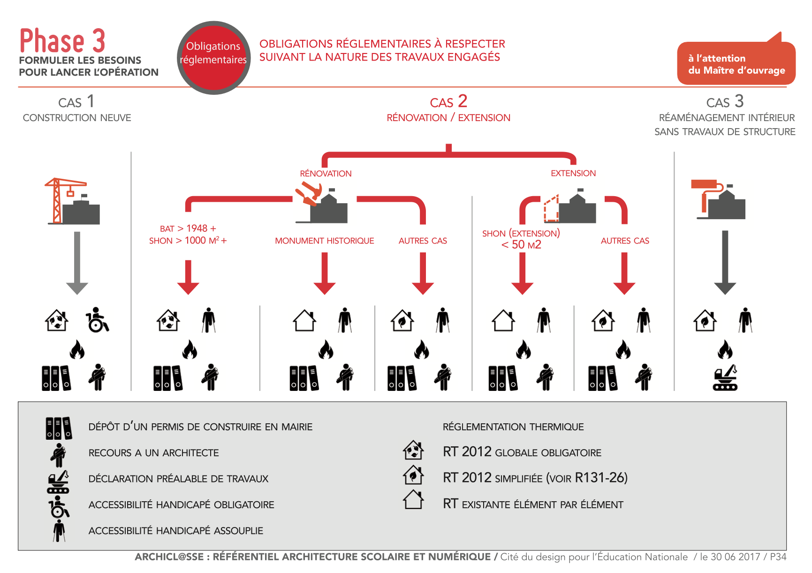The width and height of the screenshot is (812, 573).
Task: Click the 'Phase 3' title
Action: (62, 41)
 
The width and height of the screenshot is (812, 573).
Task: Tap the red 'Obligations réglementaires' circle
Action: (213, 57)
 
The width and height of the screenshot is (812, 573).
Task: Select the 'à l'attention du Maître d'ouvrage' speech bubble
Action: (736, 64)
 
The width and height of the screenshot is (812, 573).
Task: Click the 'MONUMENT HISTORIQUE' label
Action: (324, 241)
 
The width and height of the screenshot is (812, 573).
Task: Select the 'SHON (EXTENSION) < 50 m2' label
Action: (521, 239)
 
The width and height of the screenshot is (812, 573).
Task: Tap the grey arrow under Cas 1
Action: (77, 262)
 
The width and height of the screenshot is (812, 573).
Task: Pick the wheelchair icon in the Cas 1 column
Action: (97, 320)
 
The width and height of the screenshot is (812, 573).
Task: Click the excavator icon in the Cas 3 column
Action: (725, 378)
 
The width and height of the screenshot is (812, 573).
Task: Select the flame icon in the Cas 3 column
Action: (725, 350)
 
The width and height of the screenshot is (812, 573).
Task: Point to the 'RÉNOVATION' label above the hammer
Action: (326, 174)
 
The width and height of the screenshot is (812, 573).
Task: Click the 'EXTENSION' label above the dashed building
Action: (573, 173)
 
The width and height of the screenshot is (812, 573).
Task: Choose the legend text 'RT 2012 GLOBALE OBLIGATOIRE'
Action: (522, 452)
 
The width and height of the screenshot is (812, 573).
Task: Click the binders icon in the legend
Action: (59, 428)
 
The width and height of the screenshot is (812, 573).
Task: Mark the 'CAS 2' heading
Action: (448, 102)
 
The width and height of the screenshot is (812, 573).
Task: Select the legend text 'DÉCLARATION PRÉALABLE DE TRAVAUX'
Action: (178, 479)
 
